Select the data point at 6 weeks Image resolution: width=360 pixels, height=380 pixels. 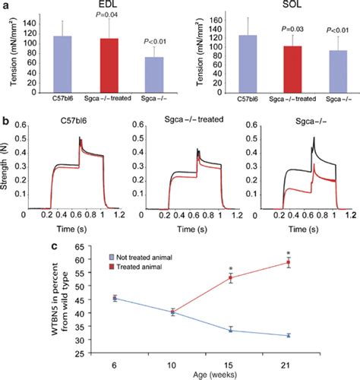coord(114,299)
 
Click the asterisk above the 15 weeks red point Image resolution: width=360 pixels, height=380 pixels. coord(230,268)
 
